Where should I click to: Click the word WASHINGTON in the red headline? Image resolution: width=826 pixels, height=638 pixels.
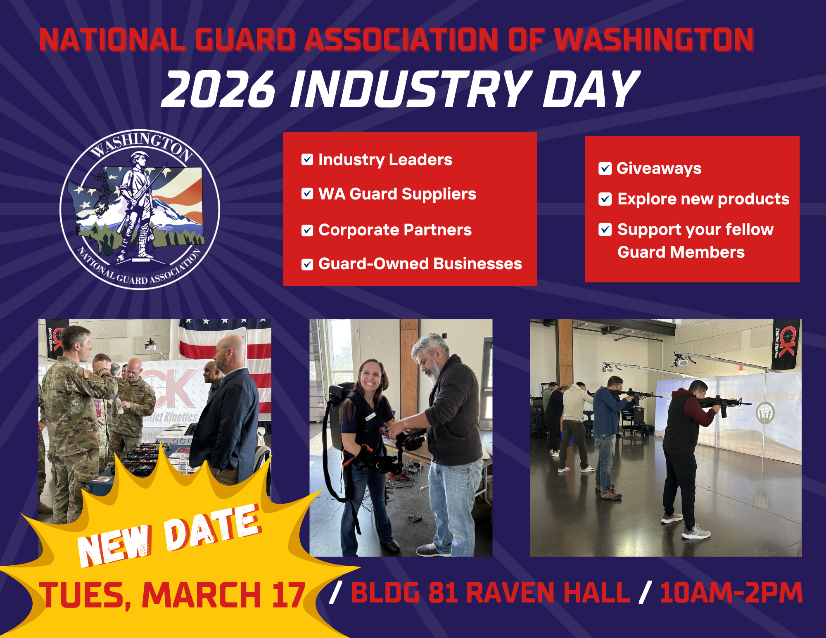tap(654, 40)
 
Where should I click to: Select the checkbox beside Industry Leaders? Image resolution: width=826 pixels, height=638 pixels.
tap(307, 159)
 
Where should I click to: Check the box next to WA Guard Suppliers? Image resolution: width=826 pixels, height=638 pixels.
tap(307, 194)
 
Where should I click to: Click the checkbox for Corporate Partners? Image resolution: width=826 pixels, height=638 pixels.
tap(307, 230)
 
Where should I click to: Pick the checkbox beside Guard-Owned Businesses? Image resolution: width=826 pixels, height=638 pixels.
tap(307, 264)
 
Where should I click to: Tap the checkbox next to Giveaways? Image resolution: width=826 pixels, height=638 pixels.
tap(605, 168)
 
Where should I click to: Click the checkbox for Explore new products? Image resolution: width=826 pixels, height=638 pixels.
tap(605, 199)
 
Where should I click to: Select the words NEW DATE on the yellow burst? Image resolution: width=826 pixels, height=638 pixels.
tap(169, 535)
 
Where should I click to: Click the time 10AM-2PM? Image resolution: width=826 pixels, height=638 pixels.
tap(731, 593)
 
